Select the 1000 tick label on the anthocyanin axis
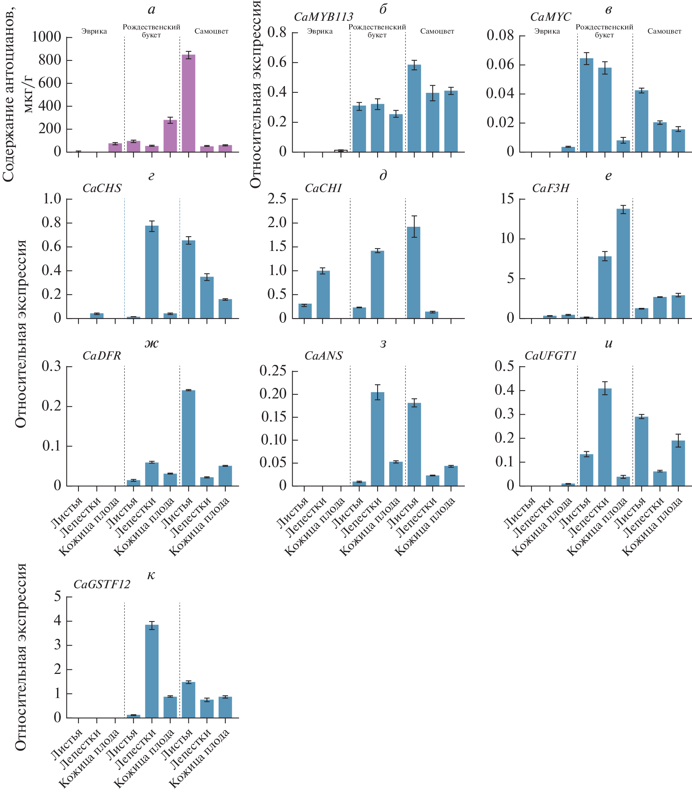46,37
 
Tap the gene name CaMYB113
324,17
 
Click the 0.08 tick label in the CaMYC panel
500,35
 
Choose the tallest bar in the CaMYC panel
586,105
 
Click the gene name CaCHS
102,188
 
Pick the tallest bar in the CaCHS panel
152,272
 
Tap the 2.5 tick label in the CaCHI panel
277,199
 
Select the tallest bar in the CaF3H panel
623,264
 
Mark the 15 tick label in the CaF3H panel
507,199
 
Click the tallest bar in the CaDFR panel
188,438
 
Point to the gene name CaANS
324,356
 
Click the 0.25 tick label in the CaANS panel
273,371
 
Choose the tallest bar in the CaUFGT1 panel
605,437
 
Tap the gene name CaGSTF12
102,584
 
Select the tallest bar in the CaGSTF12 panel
152,671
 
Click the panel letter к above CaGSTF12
151,575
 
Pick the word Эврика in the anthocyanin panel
94,31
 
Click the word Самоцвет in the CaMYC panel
664,31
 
